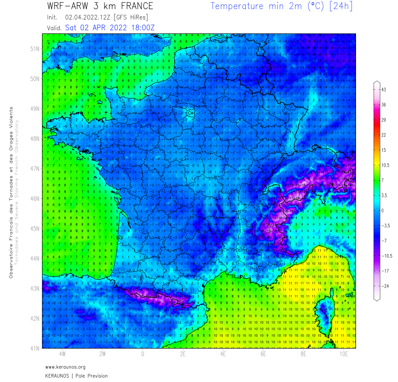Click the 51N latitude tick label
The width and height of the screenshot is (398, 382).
34,49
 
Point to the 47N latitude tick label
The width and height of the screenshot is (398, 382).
34,169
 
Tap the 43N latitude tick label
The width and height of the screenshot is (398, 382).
34,288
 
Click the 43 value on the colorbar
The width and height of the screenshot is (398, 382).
383,90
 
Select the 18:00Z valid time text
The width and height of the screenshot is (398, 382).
141,28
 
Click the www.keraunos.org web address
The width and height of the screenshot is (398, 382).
65,367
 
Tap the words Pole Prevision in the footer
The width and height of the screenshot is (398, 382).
92,376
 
